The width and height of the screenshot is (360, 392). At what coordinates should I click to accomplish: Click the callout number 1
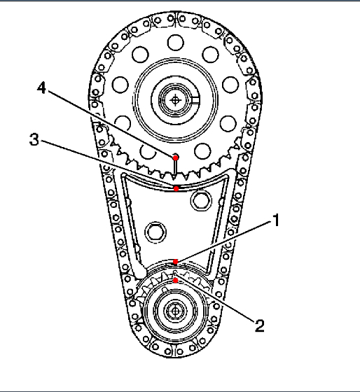click(x=276, y=220)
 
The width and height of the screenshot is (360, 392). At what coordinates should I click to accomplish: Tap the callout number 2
click(x=260, y=326)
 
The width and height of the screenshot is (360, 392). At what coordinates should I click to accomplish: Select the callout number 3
click(x=34, y=139)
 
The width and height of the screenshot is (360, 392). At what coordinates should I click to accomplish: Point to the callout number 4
click(x=41, y=88)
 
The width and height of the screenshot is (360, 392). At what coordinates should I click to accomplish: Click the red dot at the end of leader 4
click(x=175, y=157)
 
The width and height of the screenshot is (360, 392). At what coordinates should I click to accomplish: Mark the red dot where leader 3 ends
click(x=176, y=188)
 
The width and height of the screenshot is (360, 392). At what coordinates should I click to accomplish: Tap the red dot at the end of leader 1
click(x=176, y=262)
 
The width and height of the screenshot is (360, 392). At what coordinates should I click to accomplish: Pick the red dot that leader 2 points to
click(x=176, y=281)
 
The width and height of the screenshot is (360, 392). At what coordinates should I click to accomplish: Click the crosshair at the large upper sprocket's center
click(x=175, y=100)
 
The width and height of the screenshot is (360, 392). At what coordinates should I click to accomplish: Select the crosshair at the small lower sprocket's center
click(x=175, y=311)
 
